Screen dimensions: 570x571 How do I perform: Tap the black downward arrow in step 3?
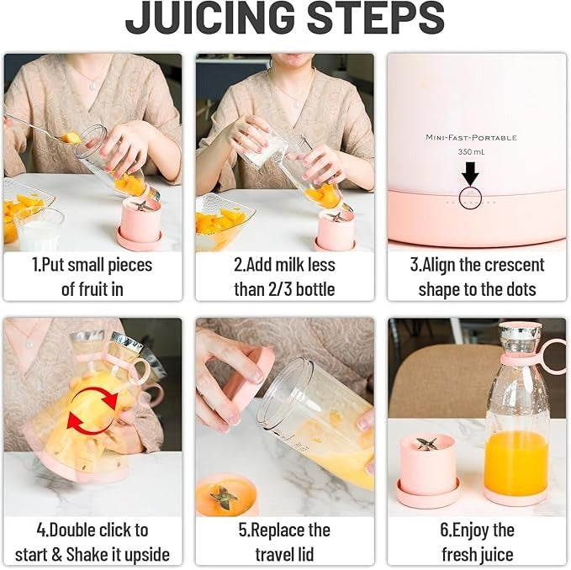470,173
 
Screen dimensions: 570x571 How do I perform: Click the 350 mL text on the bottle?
470,151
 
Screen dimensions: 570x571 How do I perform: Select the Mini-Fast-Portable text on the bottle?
470,137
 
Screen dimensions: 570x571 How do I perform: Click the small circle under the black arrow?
470,198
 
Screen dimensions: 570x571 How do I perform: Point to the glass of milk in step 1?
40,229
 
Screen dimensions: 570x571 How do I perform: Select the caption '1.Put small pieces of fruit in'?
92,277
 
